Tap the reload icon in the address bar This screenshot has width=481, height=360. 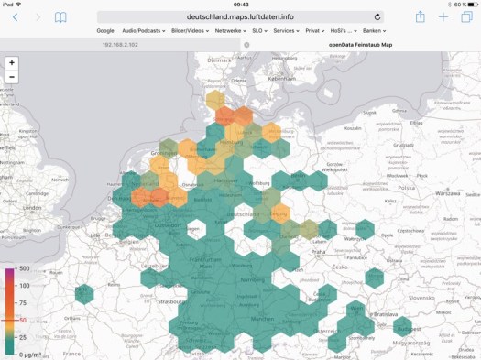377,16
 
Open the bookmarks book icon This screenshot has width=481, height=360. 60,17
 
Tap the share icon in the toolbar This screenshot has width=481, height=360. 420,16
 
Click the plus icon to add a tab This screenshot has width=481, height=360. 443,16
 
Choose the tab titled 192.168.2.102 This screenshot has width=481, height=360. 120,44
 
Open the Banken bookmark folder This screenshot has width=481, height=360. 373,30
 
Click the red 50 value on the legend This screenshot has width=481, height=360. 23,320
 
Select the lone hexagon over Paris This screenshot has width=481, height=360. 83,293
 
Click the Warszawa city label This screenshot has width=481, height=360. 447,194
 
